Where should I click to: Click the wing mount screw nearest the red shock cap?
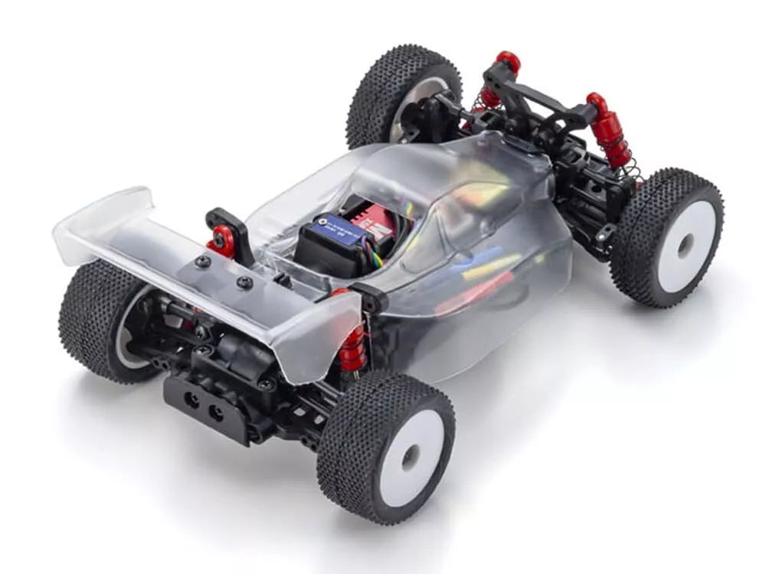click(x=204, y=262)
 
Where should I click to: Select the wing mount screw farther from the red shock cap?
click(x=244, y=282)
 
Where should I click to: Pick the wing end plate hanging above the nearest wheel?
click(x=318, y=337)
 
